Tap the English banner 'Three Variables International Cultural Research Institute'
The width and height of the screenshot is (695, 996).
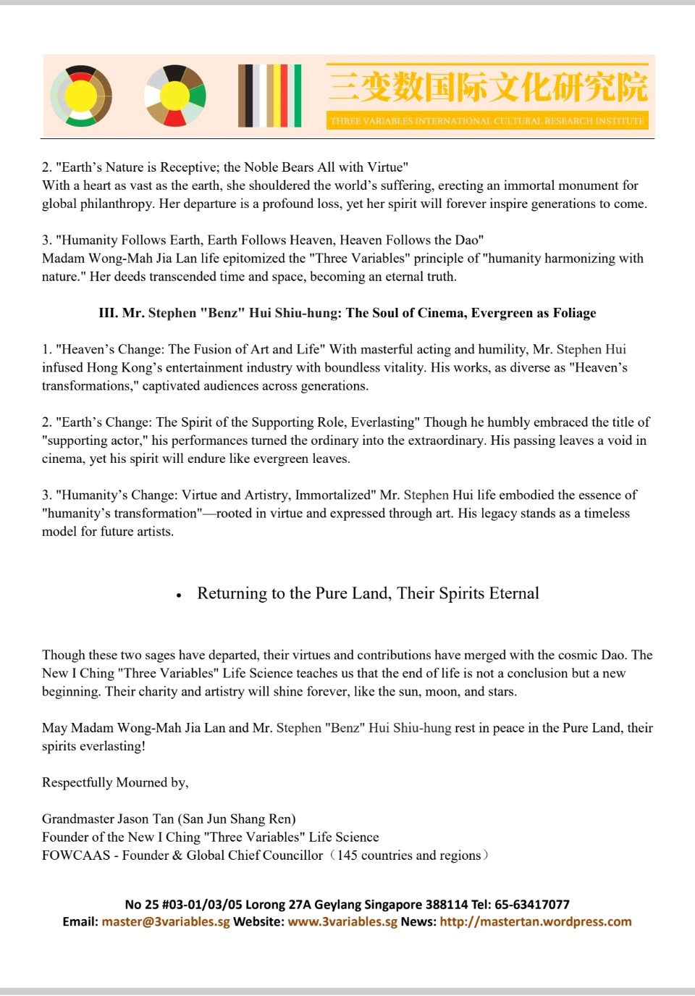pos(486,120)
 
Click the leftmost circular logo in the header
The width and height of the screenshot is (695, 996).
pos(82,96)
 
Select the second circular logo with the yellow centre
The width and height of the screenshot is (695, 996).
pos(174,96)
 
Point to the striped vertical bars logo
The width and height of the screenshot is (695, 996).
pos(269,96)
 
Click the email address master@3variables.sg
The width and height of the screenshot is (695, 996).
pos(166,922)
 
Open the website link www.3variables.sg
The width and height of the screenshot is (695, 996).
pos(342,922)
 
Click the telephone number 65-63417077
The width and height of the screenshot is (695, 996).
pos(534,904)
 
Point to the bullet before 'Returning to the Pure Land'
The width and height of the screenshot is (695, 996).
pos(178,595)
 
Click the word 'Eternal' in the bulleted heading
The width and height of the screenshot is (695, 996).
pos(514,593)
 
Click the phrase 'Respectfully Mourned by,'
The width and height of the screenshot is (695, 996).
pos(115,782)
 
